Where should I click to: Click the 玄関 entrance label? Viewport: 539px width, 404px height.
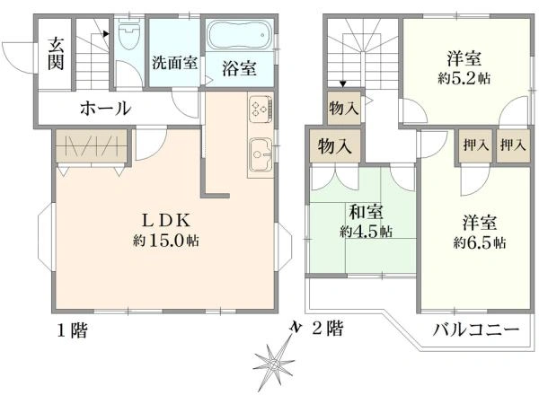tap(56, 57)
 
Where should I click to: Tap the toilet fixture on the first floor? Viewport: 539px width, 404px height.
tap(128, 39)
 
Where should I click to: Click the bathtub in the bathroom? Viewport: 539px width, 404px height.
tap(238, 37)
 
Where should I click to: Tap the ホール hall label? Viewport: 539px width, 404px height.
tap(106, 108)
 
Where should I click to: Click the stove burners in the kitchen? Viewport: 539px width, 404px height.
tap(260, 109)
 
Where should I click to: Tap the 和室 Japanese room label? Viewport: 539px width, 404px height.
tap(365, 213)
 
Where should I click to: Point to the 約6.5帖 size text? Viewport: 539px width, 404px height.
tap(478, 242)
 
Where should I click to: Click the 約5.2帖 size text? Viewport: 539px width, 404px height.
tap(465, 78)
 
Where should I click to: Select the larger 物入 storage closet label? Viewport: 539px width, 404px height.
tap(334, 145)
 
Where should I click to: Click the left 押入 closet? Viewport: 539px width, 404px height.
tap(474, 145)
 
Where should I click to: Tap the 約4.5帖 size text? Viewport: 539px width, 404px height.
tap(365, 232)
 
